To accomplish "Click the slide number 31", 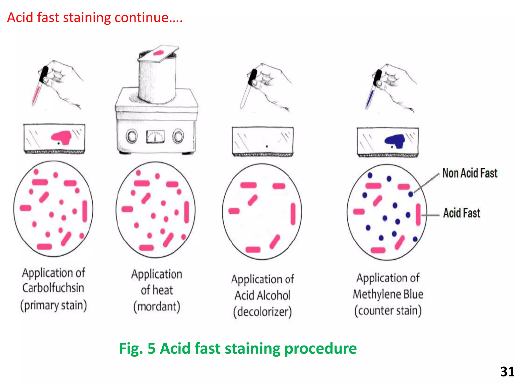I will tap(506, 372).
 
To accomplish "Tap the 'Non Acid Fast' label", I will tap(470, 173).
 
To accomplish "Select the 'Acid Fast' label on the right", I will tap(462, 213).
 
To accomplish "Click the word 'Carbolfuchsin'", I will tap(53, 288).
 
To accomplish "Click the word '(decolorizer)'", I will tap(263, 312).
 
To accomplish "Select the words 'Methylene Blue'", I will tap(388, 294).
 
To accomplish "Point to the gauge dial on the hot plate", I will tap(155, 136).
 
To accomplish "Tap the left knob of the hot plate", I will tap(132, 136).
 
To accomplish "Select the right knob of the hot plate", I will tap(178, 136).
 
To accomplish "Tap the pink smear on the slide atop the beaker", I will tap(158, 53).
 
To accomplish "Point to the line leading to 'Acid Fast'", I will tap(430, 215).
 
